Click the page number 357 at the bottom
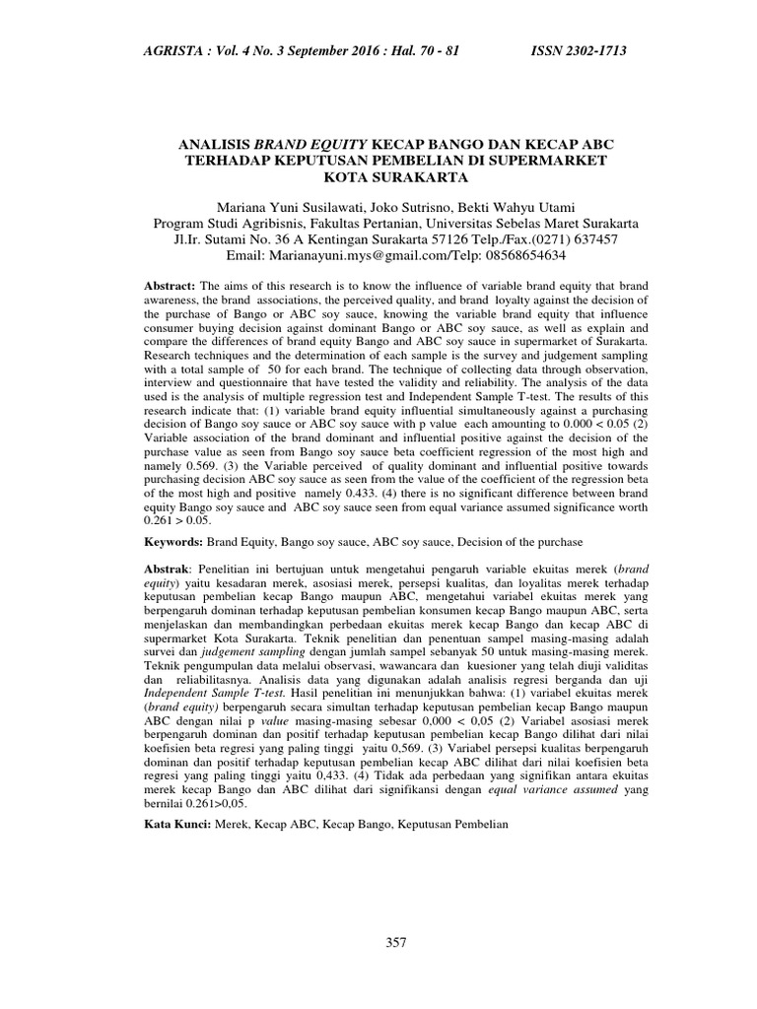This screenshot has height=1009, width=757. pos(395,943)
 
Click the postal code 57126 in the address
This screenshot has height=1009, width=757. pos(432,238)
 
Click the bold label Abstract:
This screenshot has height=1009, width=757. pos(171,285)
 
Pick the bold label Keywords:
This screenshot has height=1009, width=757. pos(173,542)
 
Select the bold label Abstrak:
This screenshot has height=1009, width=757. pos(169,569)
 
